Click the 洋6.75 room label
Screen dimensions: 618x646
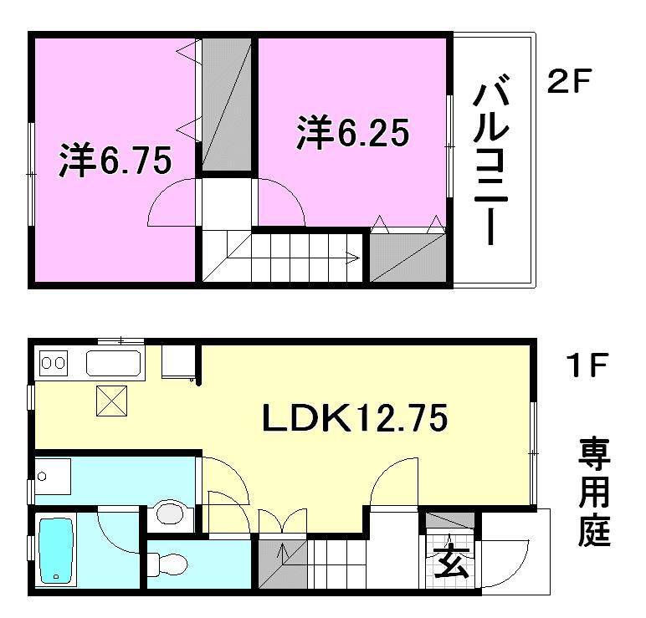click(x=115, y=161)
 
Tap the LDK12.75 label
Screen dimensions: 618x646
click(x=355, y=416)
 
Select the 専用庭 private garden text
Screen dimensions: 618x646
click(x=593, y=493)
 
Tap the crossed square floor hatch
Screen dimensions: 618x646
click(x=110, y=401)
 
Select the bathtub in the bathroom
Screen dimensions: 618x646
click(x=57, y=550)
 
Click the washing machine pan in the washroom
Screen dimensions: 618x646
click(x=52, y=479)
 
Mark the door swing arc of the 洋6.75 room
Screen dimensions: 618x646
click(x=171, y=207)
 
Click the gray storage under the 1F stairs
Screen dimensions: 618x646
click(x=281, y=568)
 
